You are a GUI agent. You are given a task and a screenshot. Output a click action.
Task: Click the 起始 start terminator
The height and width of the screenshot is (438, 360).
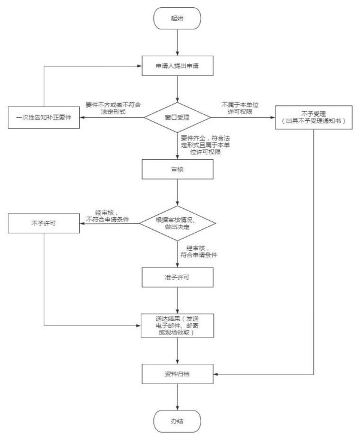pos(177,19)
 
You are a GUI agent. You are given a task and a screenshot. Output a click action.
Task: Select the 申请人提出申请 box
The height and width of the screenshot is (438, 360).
pos(177,66)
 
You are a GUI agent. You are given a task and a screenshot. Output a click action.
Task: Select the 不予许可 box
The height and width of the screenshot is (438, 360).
pos(43,224)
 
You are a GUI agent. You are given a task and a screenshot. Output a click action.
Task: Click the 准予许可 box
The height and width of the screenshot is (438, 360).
pos(177,276)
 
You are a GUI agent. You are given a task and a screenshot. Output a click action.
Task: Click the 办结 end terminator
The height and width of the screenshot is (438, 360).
pos(177,421)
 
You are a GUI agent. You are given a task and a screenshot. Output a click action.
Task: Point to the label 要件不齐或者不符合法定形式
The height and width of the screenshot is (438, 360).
pos(113,108)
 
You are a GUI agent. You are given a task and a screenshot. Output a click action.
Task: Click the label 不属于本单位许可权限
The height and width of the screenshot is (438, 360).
pos(241,108)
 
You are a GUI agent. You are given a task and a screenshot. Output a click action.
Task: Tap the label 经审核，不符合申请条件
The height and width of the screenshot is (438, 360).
pos(111,216)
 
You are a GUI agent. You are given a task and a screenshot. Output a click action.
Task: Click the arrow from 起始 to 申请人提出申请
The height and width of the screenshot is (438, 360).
pos(177,41)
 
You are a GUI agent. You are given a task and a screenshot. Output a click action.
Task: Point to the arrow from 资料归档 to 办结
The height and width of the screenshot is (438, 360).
pos(177,397)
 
